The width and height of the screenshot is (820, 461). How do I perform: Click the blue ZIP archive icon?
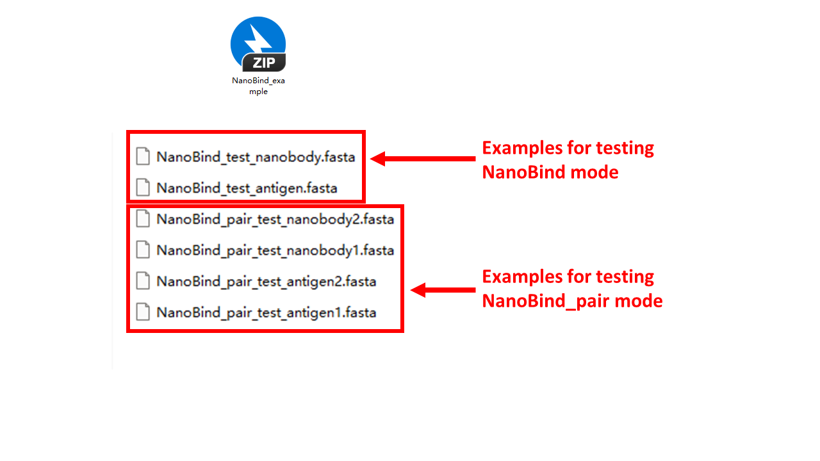point(258,44)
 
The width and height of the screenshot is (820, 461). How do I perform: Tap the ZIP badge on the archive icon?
point(264,63)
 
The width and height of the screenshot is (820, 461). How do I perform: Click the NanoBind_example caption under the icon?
point(258,86)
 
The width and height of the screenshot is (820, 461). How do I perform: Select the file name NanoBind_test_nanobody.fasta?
point(256,157)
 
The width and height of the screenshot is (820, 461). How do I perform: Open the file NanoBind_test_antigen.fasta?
point(247,188)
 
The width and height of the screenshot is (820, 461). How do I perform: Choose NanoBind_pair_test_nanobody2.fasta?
point(275,219)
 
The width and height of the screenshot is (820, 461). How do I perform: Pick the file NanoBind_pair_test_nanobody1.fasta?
point(275,250)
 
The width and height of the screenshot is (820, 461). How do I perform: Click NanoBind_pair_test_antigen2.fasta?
point(266,281)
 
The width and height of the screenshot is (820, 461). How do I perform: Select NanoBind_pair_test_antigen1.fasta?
point(266,312)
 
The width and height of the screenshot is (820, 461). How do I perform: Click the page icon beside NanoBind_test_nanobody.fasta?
point(143,156)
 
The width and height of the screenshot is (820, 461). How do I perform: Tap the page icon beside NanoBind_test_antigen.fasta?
point(143,188)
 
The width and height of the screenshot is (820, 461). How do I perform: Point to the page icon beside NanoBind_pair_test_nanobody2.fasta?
point(143,218)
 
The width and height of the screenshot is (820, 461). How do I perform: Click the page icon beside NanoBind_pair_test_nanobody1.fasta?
point(143,250)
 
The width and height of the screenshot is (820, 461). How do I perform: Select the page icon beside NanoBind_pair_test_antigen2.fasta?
point(143,280)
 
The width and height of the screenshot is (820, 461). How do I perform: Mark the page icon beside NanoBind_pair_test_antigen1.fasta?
point(143,312)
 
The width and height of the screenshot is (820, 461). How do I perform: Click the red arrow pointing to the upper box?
point(423,158)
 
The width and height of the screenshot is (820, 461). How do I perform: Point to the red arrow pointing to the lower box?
point(443,290)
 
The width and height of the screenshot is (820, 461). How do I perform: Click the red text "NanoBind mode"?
point(550,172)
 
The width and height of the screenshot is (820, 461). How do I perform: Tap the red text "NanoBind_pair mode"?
point(572,301)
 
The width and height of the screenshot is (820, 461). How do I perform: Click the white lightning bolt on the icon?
point(258,39)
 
